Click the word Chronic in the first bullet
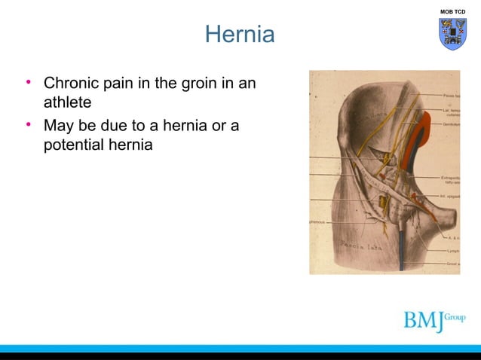(x=72, y=82)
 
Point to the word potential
(x=78, y=144)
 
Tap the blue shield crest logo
(x=453, y=34)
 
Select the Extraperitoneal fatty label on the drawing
(x=450, y=181)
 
